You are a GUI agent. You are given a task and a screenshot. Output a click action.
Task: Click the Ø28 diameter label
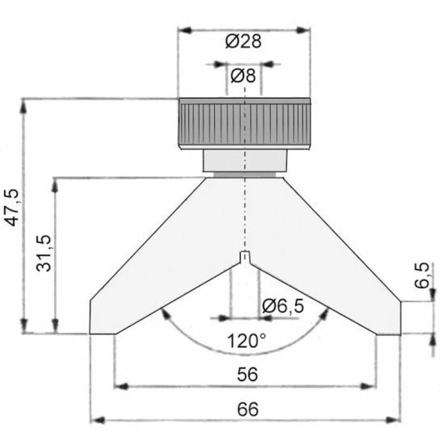(244, 41)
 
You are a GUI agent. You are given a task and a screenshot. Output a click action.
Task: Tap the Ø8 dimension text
(243, 76)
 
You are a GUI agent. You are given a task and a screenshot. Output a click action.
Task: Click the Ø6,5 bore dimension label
(283, 306)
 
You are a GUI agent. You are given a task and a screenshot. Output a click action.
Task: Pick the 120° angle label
(246, 341)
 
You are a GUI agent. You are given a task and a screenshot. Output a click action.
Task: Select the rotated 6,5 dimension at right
(421, 275)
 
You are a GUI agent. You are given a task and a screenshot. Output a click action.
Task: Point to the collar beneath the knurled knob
(245, 161)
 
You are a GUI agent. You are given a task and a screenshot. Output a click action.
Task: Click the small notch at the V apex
(245, 257)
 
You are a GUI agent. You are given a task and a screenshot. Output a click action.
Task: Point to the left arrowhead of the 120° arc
(165, 313)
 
